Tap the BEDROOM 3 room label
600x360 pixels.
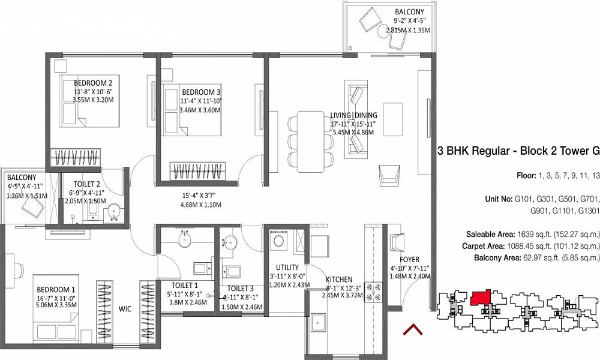point(200,92)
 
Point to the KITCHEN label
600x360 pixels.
point(340,280)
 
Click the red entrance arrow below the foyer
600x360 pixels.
point(412,329)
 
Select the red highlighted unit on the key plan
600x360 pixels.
point(480,298)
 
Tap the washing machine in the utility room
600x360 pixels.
point(278,241)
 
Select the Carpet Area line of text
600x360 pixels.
point(530,246)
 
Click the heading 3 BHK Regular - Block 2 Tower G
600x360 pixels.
point(518,151)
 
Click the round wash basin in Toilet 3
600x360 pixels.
point(230,242)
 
